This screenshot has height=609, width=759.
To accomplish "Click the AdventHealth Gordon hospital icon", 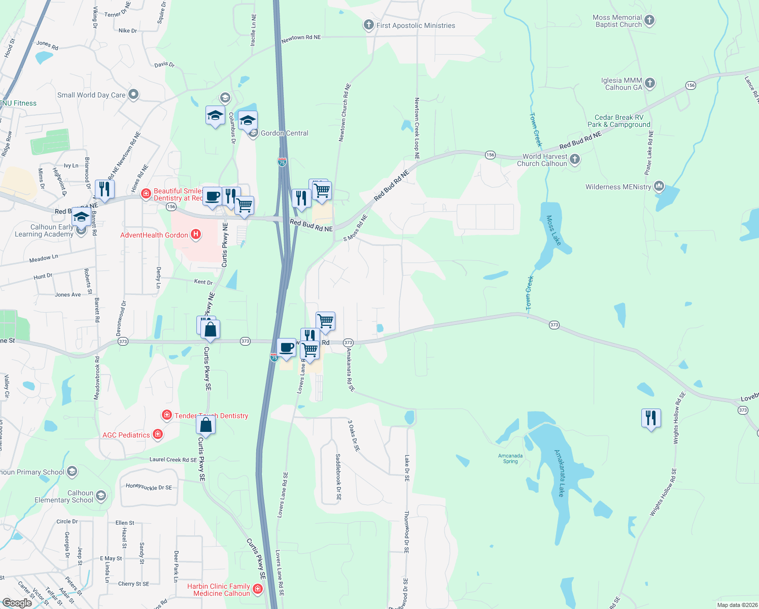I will [196, 234].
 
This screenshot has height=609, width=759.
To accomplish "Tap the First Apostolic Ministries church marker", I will [369, 25].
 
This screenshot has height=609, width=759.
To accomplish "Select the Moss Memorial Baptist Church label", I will [617, 21].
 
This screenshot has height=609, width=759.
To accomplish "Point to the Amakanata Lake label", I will [560, 473].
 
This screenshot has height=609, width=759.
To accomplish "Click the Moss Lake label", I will [554, 230].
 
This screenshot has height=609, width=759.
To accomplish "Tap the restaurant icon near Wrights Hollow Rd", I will [651, 418].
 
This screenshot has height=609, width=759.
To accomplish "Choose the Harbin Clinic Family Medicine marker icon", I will [258, 589].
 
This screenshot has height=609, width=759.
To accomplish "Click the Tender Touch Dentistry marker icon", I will [166, 415].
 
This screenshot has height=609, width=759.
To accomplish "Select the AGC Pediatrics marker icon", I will [158, 434].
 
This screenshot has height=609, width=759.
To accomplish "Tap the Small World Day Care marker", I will [133, 94].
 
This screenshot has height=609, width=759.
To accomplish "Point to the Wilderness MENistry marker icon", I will [659, 186].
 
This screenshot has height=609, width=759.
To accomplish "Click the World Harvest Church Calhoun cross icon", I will [574, 159].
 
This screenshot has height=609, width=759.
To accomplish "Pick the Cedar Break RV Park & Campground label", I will [618, 121].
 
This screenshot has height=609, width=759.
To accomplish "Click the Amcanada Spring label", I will [510, 458].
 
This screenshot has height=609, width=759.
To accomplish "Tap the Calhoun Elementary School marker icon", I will [101, 496].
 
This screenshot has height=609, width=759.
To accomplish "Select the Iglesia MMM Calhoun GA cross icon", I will [650, 83].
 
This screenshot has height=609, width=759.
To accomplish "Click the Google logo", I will [17, 602].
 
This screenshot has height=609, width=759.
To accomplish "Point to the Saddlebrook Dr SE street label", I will [338, 477].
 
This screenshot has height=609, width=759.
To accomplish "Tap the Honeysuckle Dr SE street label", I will [149, 487].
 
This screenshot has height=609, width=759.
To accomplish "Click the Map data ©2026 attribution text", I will [736, 605].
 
